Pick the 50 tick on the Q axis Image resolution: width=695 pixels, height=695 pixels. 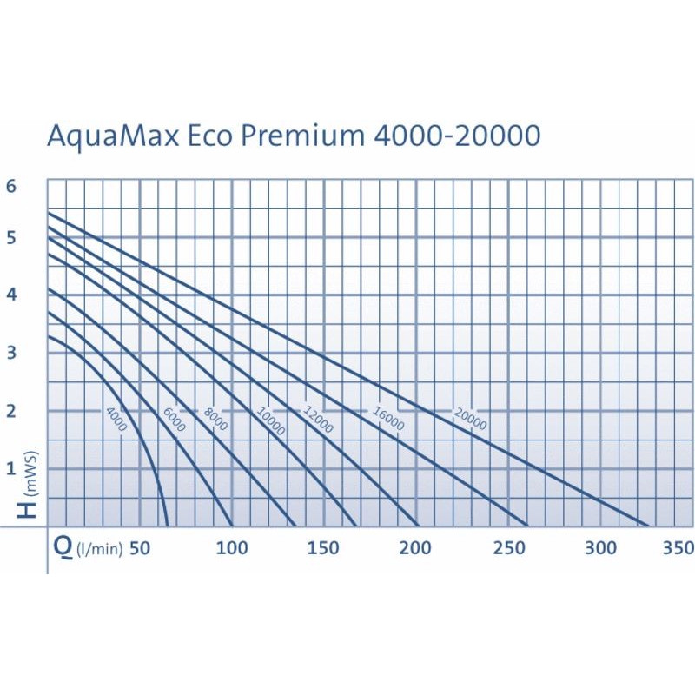(x=140, y=548)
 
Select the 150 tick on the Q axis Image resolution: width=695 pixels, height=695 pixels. (x=323, y=548)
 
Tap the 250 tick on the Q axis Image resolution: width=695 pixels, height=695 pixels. (x=508, y=548)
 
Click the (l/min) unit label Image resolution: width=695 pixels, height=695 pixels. (x=99, y=550)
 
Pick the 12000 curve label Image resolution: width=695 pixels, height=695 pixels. (x=318, y=420)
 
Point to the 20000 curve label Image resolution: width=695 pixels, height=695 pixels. (x=470, y=420)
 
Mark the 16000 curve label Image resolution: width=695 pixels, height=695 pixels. (x=388, y=420)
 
